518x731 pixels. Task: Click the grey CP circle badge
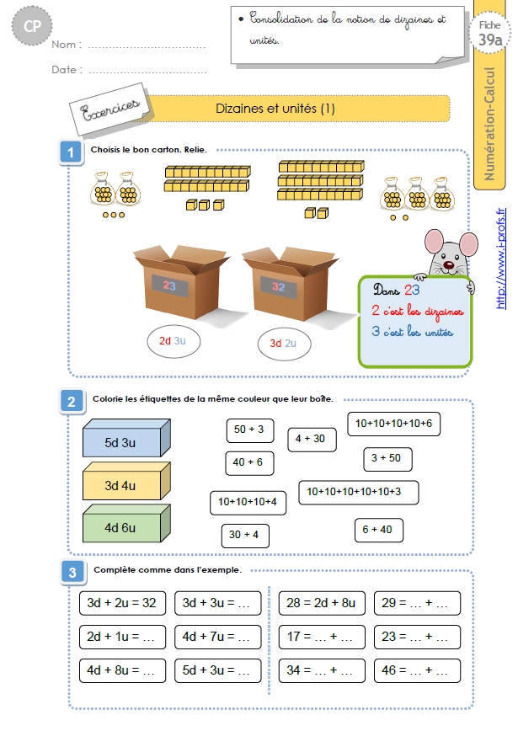(32, 25)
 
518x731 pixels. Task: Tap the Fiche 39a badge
(489, 33)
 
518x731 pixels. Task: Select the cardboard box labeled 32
(290, 283)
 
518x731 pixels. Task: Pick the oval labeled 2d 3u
(173, 341)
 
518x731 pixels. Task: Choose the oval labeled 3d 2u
(284, 344)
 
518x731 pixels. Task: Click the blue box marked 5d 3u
(126, 438)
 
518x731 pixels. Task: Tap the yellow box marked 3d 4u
(126, 481)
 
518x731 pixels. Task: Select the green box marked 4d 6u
(126, 523)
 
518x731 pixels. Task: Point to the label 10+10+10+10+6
(394, 424)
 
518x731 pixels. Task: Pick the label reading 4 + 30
(312, 440)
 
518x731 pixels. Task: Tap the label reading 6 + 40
(378, 530)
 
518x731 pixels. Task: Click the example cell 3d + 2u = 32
(123, 603)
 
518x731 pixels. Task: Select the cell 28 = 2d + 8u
(322, 603)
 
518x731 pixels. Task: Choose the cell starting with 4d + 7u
(218, 637)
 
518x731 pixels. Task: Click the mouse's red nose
(449, 265)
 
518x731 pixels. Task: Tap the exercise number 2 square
(72, 402)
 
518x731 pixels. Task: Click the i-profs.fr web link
(501, 259)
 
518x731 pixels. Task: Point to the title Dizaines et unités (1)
(275, 109)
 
